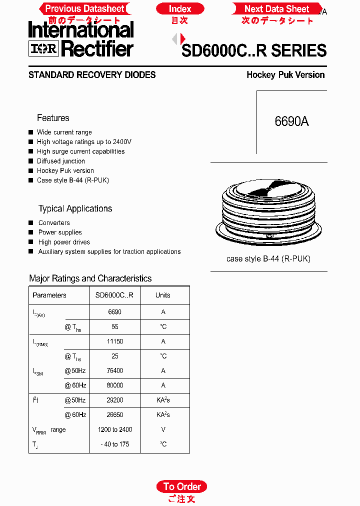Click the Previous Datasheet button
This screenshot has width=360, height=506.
coord(84,8)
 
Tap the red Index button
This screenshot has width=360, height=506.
coord(180,8)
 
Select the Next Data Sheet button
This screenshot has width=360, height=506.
coord(277,8)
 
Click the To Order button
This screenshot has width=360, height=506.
coord(182,486)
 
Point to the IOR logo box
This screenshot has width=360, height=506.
coord(44,48)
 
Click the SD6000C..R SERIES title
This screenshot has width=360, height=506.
coord(254,50)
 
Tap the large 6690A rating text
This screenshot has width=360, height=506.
coord(291,121)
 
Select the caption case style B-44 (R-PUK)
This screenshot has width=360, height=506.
coord(268,259)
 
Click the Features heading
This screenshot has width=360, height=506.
coord(53,118)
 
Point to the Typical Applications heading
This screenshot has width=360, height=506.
coord(75,208)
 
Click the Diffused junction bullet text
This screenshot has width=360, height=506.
coord(61,161)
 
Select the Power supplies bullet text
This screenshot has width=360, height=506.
coord(60,232)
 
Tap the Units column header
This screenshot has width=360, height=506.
coord(163,295)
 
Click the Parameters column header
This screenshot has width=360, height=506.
coord(49,295)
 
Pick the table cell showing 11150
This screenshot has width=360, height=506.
coord(115,341)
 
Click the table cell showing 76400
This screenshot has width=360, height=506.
coord(115,371)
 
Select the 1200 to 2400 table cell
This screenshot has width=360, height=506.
coord(115,429)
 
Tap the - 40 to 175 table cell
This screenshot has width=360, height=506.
coord(115,444)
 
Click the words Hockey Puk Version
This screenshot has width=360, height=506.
coord(285,75)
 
